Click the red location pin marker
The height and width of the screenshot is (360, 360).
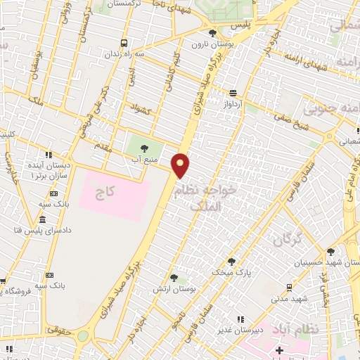[x=181, y=165]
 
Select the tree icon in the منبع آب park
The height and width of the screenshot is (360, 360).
[x=144, y=148]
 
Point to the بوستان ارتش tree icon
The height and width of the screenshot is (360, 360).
[x=174, y=278]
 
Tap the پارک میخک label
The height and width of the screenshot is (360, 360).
[x=231, y=271]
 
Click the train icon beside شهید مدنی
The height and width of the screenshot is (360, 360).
[x=289, y=288]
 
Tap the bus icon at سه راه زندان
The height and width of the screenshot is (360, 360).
[x=124, y=42]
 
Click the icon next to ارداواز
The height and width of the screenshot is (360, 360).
[x=232, y=92]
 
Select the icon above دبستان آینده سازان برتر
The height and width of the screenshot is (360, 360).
[x=48, y=155]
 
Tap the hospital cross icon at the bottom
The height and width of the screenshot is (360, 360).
[x=279, y=349]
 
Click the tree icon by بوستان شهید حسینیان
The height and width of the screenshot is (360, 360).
[x=330, y=250]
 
